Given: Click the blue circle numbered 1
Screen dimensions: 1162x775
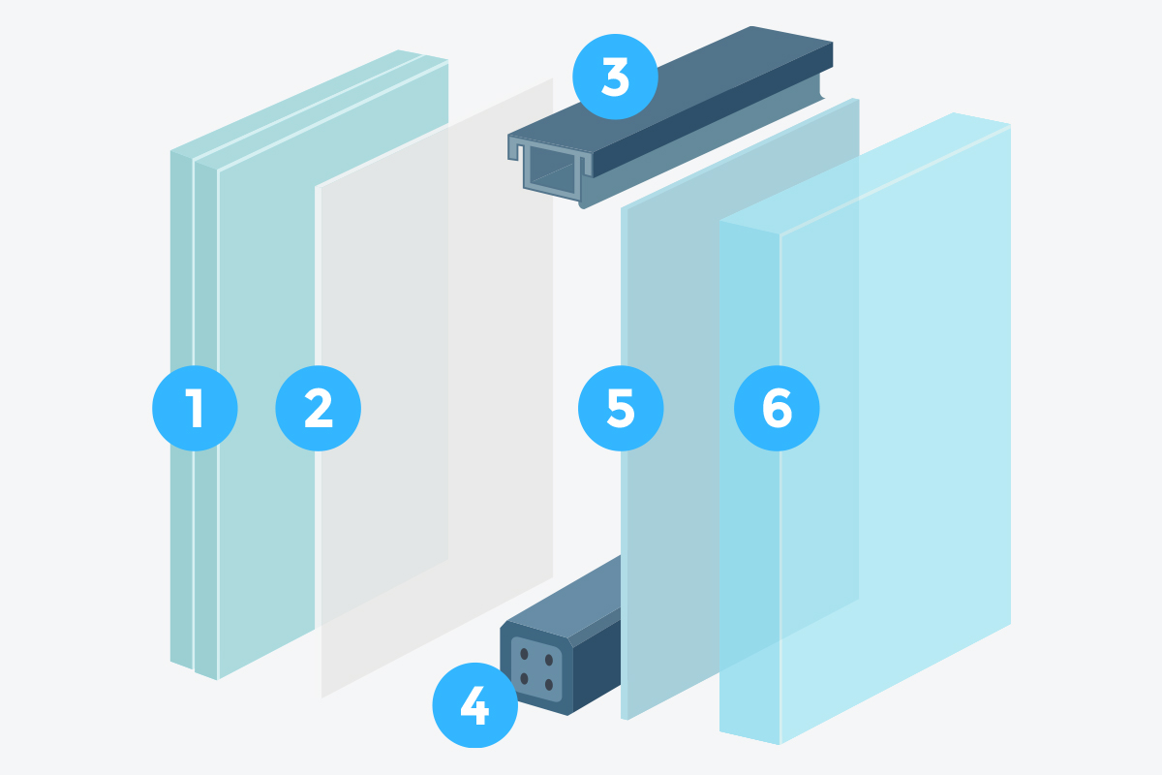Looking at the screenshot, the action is click(195, 408).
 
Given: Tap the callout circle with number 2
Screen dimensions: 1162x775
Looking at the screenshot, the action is click(318, 408).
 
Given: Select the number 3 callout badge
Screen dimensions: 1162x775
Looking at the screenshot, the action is click(615, 77).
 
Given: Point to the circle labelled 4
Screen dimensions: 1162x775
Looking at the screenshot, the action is click(475, 705).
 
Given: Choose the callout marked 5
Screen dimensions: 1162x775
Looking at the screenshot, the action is click(621, 408).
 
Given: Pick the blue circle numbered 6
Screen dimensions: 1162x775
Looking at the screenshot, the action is click(777, 408).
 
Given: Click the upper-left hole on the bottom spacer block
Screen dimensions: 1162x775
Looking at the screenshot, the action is click(524, 654).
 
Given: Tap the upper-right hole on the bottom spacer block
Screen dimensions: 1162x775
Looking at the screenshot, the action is click(549, 661).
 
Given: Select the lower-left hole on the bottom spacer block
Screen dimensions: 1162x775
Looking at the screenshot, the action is click(524, 678).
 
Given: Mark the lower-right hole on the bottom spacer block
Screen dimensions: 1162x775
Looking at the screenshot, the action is click(549, 685).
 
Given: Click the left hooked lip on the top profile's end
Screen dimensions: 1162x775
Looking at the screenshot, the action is click(514, 149).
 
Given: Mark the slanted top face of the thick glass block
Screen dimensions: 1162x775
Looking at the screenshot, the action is click(866, 173).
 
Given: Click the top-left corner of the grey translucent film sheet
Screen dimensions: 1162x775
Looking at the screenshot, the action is click(316, 187).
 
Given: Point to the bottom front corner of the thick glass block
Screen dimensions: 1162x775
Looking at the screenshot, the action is click(780, 744).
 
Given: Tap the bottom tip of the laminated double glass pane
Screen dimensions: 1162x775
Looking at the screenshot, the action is click(217, 679).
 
